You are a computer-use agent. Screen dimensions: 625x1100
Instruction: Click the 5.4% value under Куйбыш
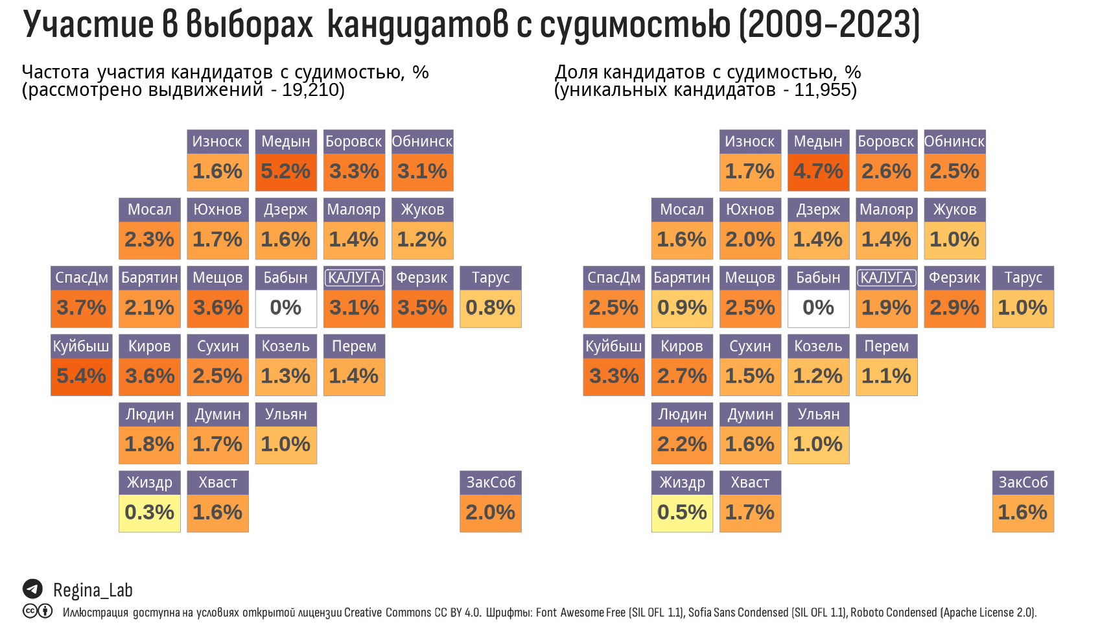coord(81,376)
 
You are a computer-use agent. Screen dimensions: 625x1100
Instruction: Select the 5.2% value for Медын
coord(285,171)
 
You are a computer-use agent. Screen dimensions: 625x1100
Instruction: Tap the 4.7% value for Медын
coord(818,171)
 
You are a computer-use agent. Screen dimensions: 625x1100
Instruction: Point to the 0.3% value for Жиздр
coord(149,512)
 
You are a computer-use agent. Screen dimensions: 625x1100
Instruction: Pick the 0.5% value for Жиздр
coord(682,512)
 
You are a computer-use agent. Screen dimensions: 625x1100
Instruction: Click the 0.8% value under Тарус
coord(490,307)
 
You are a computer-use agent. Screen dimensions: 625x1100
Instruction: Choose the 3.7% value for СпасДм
coord(81,307)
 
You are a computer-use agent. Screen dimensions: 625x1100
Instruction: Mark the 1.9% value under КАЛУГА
coord(886,307)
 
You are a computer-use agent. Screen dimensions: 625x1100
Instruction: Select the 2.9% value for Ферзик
coord(954,307)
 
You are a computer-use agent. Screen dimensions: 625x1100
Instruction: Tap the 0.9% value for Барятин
coord(682,307)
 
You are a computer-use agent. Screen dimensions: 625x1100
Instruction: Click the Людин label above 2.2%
coord(682,414)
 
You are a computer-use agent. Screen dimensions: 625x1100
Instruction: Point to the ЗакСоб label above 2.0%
coord(491,482)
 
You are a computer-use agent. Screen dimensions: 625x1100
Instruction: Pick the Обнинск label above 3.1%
coord(422,141)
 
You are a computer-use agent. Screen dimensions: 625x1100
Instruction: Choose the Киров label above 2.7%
coord(682,346)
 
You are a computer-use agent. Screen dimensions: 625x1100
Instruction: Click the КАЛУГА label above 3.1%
coord(354,277)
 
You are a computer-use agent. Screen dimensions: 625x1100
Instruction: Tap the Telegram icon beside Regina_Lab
coord(32,589)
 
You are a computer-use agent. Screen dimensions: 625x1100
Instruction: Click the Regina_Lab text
coord(93,590)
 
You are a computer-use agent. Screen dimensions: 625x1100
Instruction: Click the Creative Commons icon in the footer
coord(30,611)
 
